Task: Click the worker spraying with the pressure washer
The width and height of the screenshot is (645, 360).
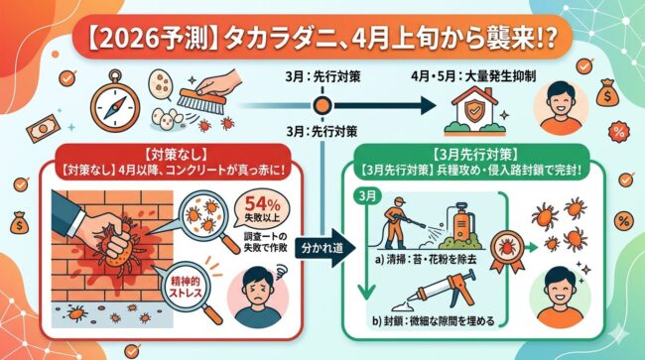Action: [x=403, y=226]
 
